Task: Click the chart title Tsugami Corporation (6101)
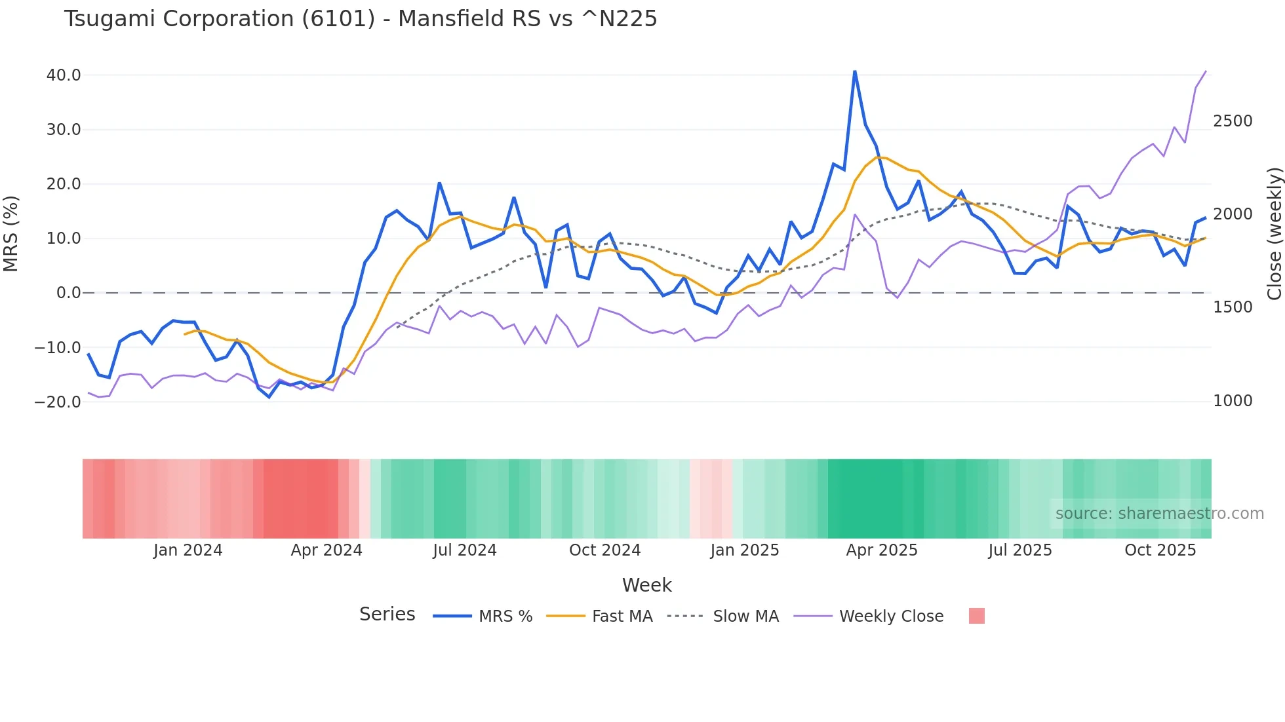coord(360,19)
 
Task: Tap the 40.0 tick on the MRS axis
coord(64,75)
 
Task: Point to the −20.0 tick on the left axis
coord(58,402)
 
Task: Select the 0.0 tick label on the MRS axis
coord(68,293)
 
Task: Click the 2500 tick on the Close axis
coord(1233,121)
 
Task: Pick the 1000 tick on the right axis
coord(1233,401)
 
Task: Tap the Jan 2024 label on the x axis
coord(188,550)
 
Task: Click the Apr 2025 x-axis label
coord(882,550)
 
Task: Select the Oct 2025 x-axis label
coord(1160,550)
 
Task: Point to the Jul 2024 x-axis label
coord(465,550)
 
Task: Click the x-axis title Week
coord(646,585)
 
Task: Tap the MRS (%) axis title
coord(10,234)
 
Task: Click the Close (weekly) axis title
coord(1274,234)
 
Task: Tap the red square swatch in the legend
coord(976,616)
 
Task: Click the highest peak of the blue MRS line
coord(854,71)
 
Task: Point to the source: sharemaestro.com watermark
coord(1159,514)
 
